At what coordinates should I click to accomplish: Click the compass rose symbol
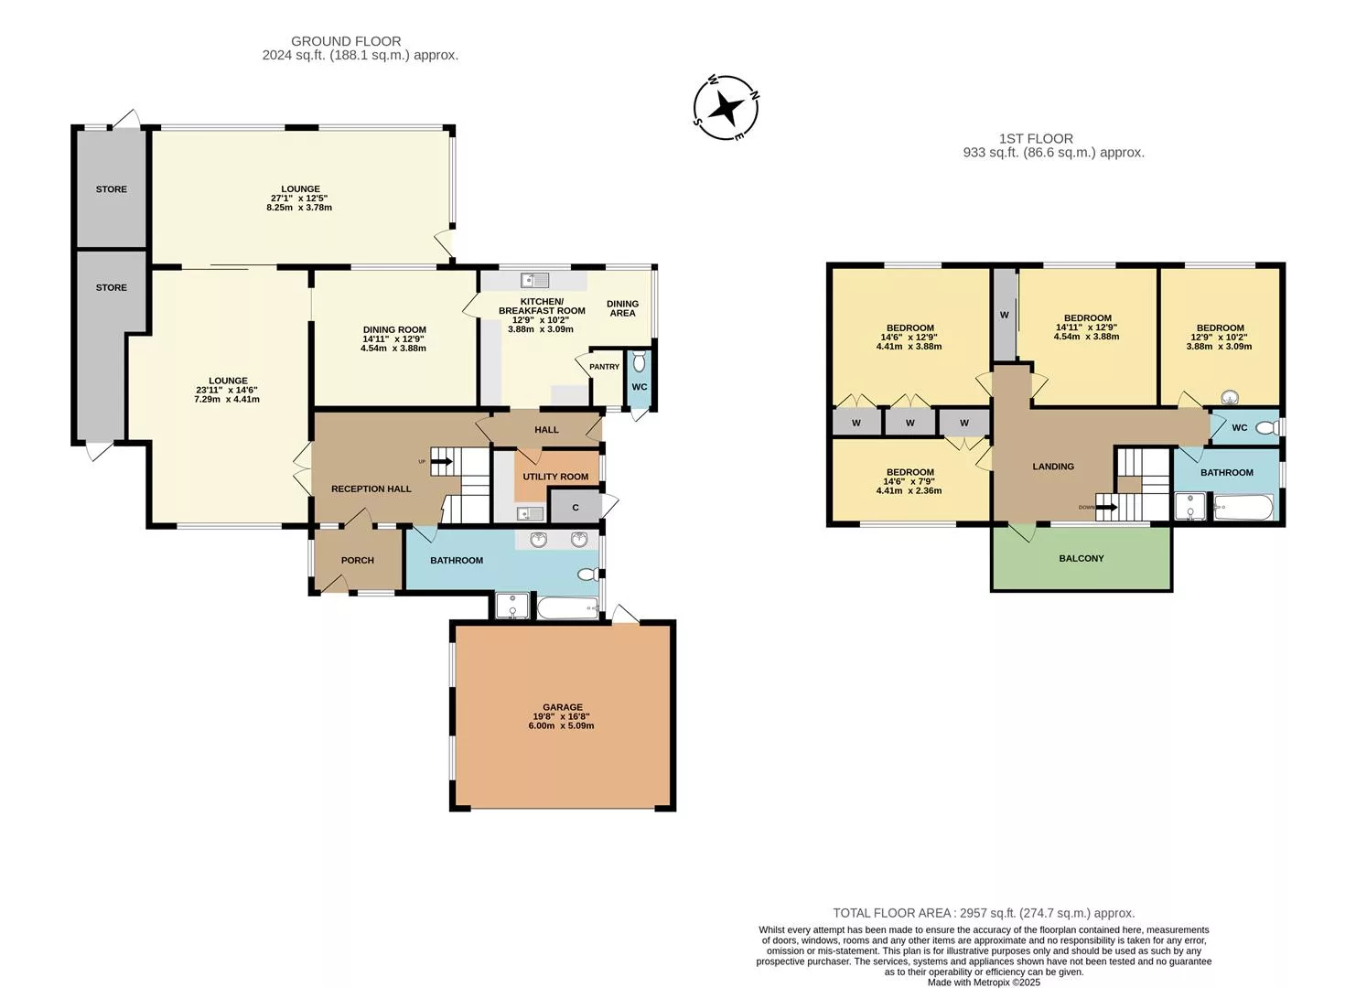pyautogui.click(x=726, y=108)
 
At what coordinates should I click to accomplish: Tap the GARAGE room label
pyautogui.click(x=563, y=707)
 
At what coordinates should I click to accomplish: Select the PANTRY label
pyautogui.click(x=604, y=367)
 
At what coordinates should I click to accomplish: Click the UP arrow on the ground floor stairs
pyautogui.click(x=442, y=462)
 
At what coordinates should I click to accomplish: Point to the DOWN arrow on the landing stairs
pyautogui.click(x=1106, y=508)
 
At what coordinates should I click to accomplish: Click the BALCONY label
pyautogui.click(x=1082, y=558)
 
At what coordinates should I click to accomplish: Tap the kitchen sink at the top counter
pyautogui.click(x=534, y=280)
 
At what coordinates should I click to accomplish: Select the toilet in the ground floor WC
pyautogui.click(x=639, y=362)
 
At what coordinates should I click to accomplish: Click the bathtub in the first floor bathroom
pyautogui.click(x=1243, y=508)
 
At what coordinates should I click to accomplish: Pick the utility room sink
pyautogui.click(x=531, y=514)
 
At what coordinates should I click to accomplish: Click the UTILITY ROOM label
pyautogui.click(x=555, y=477)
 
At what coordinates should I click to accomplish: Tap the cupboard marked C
pyautogui.click(x=576, y=507)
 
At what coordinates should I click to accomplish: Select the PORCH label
pyautogui.click(x=357, y=561)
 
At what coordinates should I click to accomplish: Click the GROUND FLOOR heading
pyautogui.click(x=346, y=41)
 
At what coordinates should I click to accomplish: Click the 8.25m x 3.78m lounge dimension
pyautogui.click(x=299, y=208)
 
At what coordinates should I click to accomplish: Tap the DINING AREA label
pyautogui.click(x=622, y=308)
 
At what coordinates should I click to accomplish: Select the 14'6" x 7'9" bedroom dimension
pyautogui.click(x=909, y=482)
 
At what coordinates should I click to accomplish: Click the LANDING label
pyautogui.click(x=1053, y=467)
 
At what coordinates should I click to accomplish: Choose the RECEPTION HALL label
pyautogui.click(x=371, y=489)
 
